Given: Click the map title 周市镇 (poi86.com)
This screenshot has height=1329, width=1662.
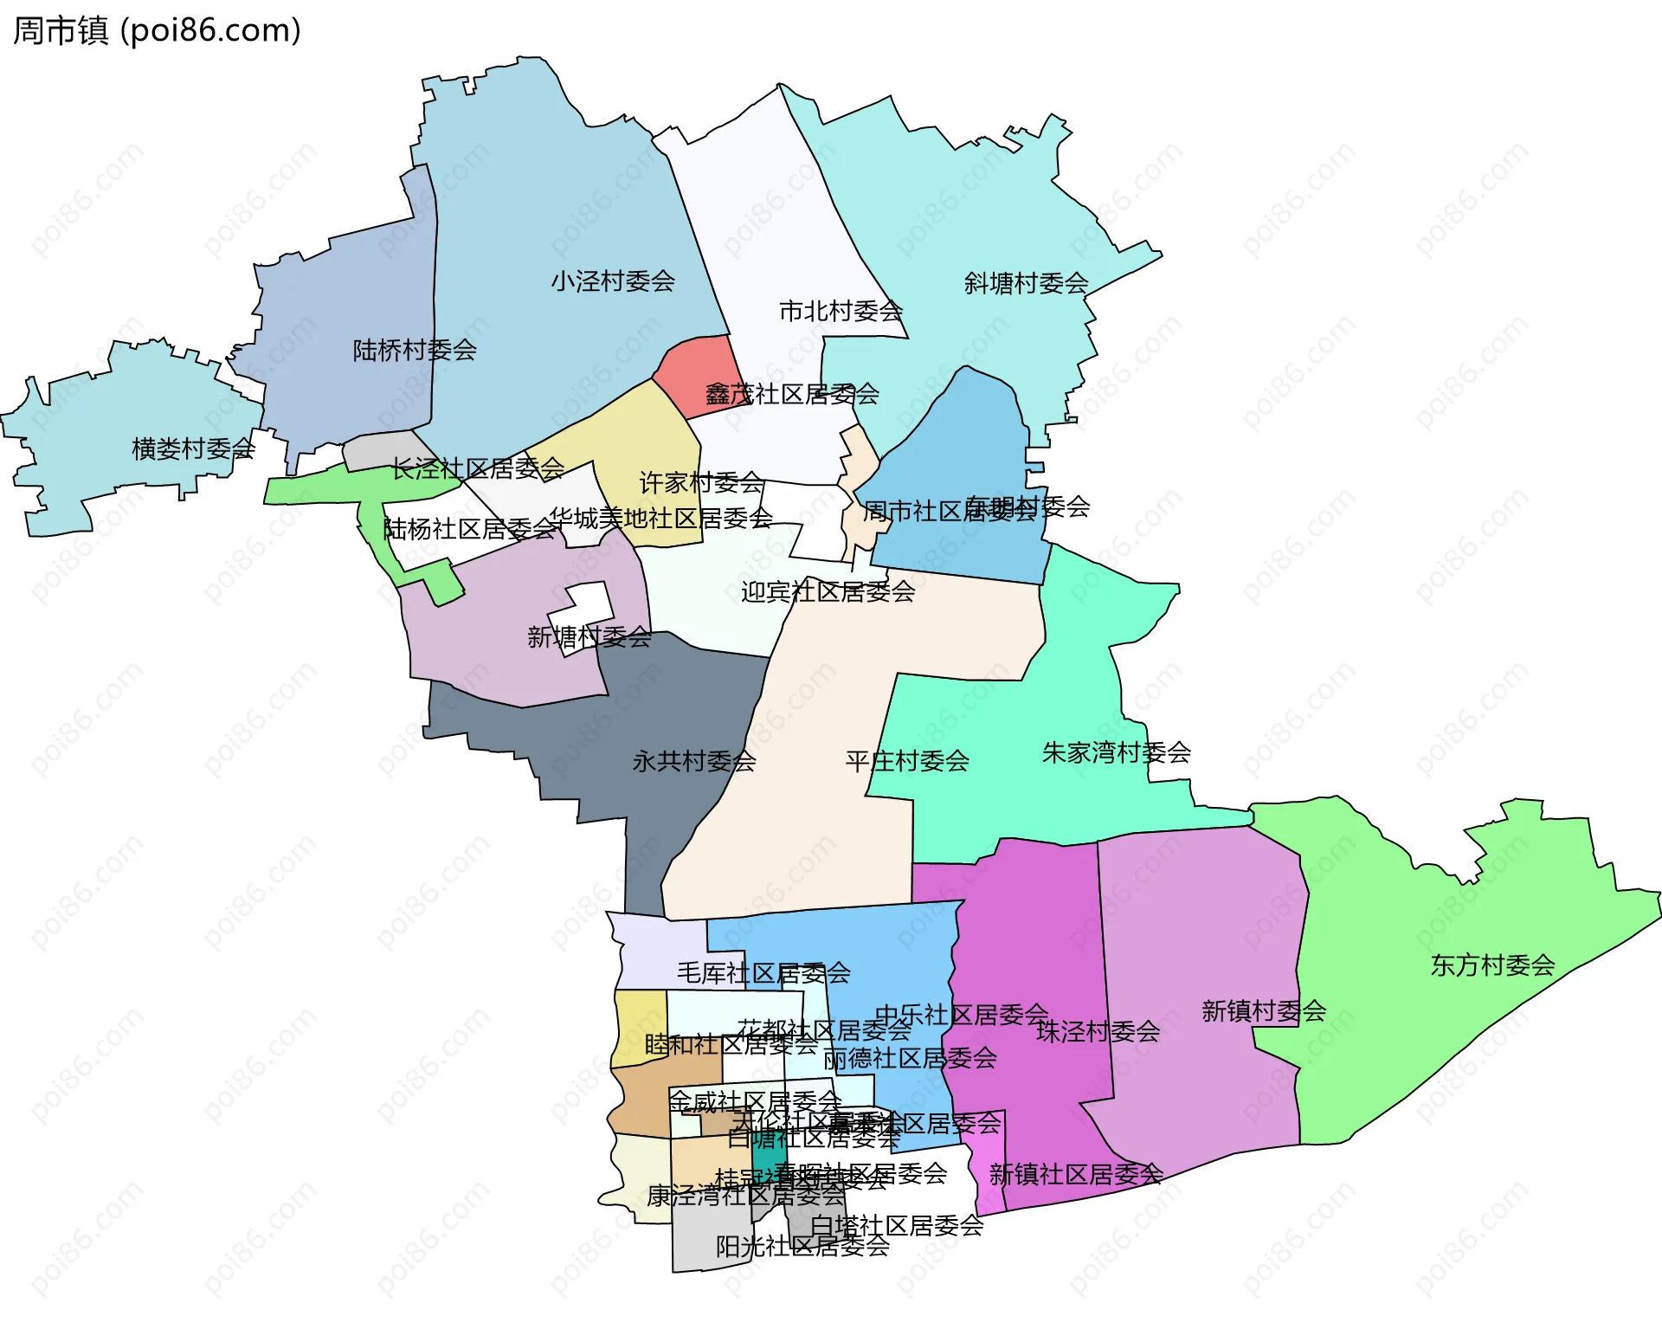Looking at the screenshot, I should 157,30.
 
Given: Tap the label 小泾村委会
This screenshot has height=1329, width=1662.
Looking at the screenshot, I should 613,281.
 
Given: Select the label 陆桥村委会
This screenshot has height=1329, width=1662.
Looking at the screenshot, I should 415,351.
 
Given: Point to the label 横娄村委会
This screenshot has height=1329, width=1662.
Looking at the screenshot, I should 193,448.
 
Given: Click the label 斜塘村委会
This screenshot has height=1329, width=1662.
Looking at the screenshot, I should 1026,283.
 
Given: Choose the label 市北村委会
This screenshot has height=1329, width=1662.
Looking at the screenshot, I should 841,311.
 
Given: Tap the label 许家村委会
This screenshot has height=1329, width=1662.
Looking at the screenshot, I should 701,482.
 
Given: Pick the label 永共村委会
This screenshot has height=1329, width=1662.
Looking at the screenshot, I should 694,761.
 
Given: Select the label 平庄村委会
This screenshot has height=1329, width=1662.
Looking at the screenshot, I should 907,761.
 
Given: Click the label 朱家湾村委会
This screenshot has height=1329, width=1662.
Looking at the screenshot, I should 1116,752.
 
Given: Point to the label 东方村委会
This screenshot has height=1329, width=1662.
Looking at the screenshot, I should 1492,965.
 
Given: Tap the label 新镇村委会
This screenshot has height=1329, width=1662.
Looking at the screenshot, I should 1264,1011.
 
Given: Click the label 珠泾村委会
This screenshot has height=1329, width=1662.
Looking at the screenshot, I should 1098,1031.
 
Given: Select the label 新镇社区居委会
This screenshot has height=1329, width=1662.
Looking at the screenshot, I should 1076,1174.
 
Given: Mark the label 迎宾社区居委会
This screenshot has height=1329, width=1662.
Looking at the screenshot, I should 828,592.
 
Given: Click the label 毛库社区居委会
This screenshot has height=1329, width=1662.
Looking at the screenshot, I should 763,973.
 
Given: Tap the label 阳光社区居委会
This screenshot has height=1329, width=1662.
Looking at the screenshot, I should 802,1246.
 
